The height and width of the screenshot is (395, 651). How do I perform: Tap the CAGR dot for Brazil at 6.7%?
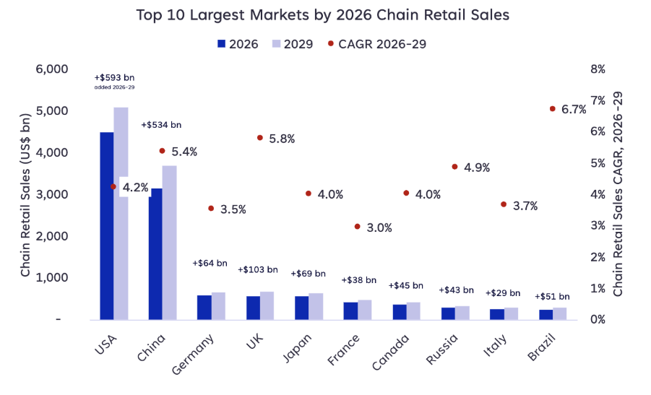click(x=553, y=109)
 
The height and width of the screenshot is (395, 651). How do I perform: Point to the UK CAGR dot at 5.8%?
click(x=259, y=137)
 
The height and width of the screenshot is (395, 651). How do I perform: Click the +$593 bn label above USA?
click(x=114, y=77)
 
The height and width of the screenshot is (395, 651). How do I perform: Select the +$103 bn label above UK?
click(x=257, y=269)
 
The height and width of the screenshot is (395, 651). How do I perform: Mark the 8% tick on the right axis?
click(x=598, y=69)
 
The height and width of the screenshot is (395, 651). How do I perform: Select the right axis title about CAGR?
click(x=618, y=194)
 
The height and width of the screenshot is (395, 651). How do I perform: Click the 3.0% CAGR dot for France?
click(x=357, y=226)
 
